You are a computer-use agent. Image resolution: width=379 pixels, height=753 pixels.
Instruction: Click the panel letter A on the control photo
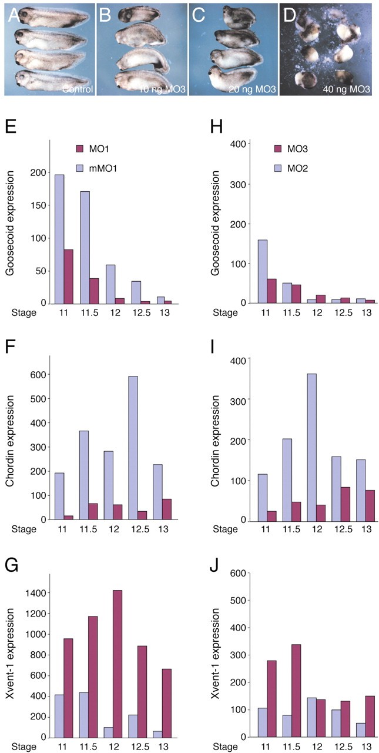click(13, 16)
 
